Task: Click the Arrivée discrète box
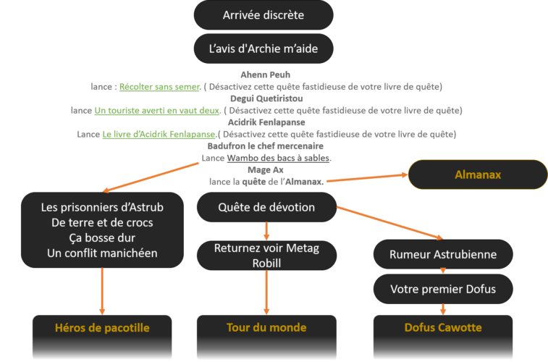pos(264,15)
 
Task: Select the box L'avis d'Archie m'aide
pos(264,49)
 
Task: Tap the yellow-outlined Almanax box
pos(478,174)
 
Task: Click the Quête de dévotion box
pos(266,207)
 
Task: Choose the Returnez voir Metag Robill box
pos(266,255)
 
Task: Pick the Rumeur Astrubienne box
pos(442,254)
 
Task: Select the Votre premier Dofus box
pos(442,289)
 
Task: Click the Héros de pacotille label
pos(102,328)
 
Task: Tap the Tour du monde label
pos(266,328)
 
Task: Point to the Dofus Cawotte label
pos(442,328)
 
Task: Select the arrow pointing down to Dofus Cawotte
pos(442,309)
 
